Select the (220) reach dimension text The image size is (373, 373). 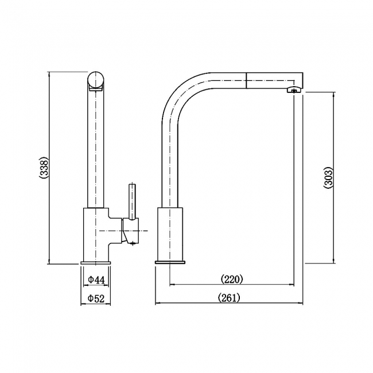(232, 279)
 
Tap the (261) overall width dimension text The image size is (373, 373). (229, 297)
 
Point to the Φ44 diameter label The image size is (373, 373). (96, 279)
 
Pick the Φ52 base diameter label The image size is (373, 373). (96, 298)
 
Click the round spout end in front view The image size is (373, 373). (96, 80)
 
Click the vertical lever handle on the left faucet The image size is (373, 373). (133, 201)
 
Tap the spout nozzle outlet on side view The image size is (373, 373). (294, 90)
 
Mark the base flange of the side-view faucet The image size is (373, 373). (170, 262)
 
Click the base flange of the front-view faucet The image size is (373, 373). (95, 262)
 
